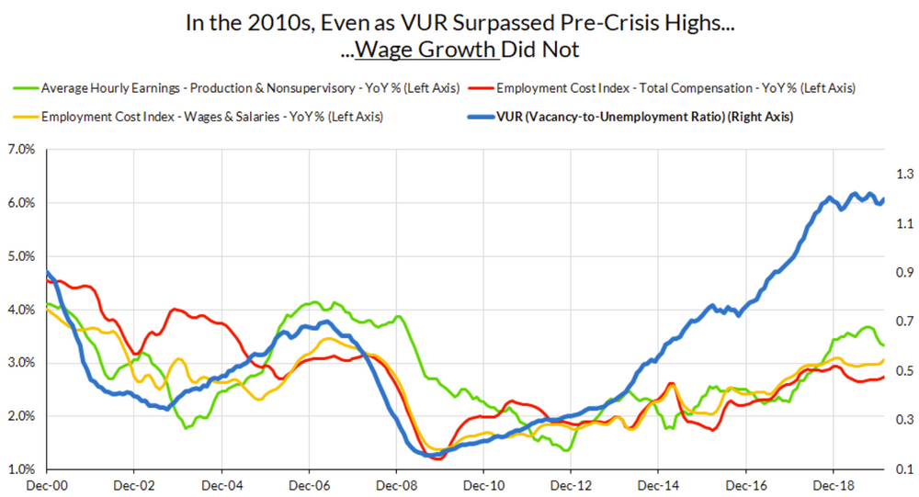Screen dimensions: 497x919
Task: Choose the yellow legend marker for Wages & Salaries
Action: (25, 117)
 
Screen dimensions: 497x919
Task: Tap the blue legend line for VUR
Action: (478, 117)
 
